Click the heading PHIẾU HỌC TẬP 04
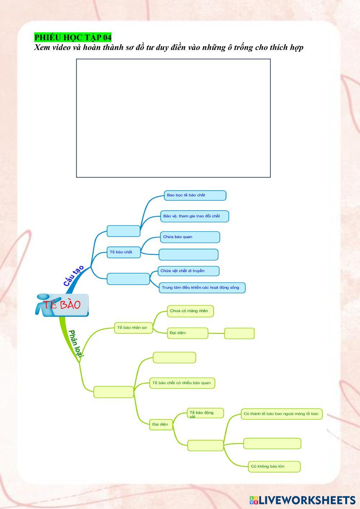point(73,37)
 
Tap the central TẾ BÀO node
point(62,305)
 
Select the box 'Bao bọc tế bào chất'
point(195,195)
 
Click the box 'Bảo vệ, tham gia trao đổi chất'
point(194,216)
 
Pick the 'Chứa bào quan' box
point(189,237)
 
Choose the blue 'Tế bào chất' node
point(123,252)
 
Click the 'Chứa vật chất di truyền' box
point(188,271)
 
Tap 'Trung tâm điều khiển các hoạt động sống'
point(202,288)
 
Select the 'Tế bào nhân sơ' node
point(133,328)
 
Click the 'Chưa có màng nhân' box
point(190,311)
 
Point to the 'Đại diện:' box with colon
point(187,333)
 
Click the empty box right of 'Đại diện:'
point(239,333)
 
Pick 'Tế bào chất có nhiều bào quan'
point(182,383)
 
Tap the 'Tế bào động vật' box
point(205,414)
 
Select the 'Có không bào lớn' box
point(274,467)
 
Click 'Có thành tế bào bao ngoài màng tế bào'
point(281,414)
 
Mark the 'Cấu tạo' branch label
point(73,275)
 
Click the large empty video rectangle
point(173,118)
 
